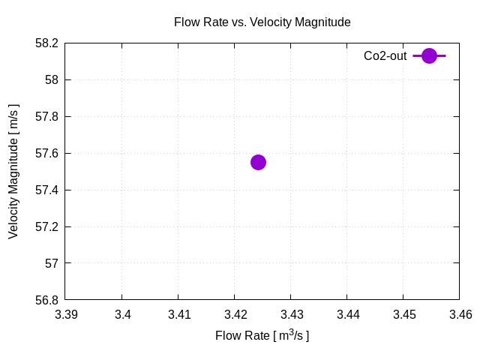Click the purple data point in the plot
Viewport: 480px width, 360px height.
point(258,162)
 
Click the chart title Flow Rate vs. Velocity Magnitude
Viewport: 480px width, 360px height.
point(262,22)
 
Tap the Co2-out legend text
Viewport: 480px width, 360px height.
point(385,55)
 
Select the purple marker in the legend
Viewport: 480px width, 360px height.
point(429,55)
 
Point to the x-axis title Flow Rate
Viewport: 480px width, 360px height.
point(262,335)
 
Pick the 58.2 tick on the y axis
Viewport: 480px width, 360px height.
point(46,43)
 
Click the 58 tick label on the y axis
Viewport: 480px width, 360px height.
point(51,79)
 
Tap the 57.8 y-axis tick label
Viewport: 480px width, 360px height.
point(46,116)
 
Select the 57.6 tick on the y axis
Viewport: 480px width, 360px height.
point(46,153)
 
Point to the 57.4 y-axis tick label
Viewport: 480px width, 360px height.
point(46,190)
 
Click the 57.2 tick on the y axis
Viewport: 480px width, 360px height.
point(46,226)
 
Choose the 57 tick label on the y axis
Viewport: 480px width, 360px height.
point(51,263)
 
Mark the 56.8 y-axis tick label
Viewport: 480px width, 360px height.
point(46,300)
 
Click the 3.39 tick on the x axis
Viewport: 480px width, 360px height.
point(66,315)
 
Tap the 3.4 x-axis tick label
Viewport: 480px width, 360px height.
point(122,315)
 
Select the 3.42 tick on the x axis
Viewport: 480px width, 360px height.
point(235,315)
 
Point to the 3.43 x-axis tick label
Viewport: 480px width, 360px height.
point(291,315)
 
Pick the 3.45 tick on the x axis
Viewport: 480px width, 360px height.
point(403,315)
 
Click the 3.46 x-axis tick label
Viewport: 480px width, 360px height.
point(459,315)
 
